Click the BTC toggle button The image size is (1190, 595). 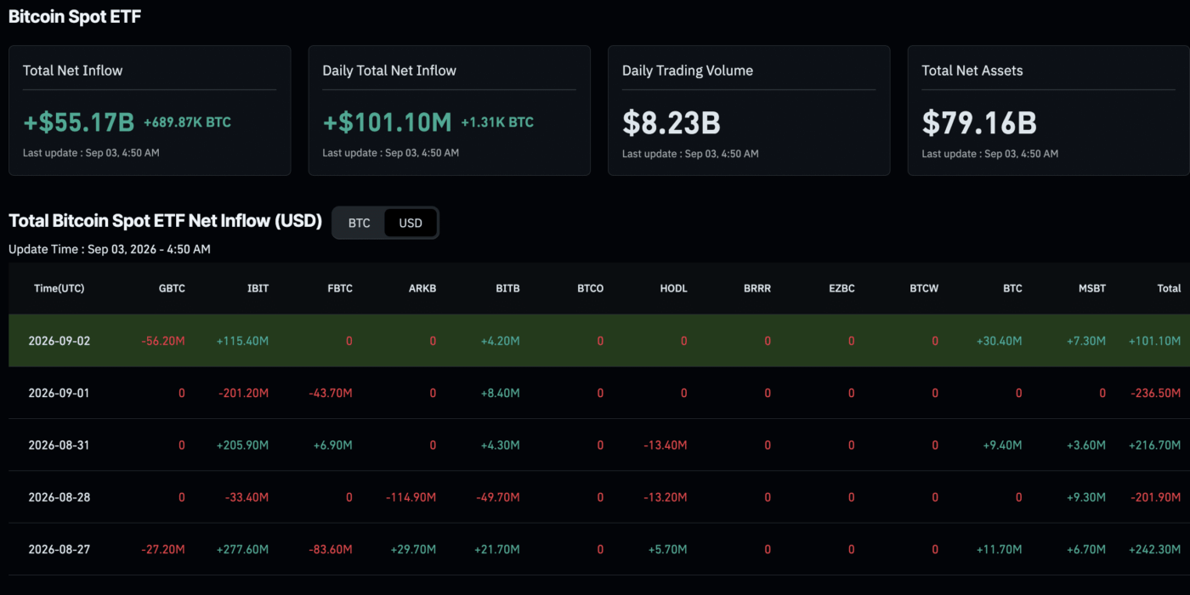[359, 223]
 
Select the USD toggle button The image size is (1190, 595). [410, 223]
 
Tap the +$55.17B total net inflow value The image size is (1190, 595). [79, 122]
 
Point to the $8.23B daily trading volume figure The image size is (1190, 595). [671, 122]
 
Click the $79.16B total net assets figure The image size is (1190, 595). [979, 122]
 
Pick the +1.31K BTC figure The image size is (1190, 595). [497, 122]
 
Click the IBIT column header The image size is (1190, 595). [258, 288]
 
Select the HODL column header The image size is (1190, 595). [673, 288]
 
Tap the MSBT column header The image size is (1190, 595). [1091, 288]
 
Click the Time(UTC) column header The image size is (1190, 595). [59, 288]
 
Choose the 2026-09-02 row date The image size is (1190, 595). [59, 341]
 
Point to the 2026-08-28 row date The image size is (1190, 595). [59, 497]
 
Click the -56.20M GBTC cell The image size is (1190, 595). [163, 341]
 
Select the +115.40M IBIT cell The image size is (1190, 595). [242, 341]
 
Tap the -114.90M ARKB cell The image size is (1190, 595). [411, 497]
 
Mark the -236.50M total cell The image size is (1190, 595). [1155, 393]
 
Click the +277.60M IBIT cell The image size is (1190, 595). [242, 549]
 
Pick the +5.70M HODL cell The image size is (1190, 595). [667, 549]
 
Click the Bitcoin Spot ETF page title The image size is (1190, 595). [75, 16]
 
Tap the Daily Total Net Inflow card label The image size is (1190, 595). [389, 71]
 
